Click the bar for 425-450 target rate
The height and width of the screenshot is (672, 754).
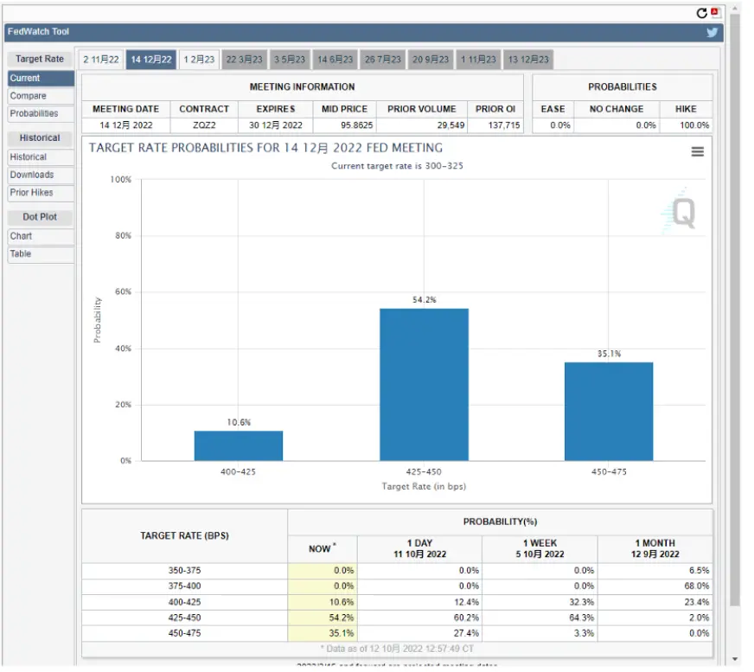(x=424, y=384)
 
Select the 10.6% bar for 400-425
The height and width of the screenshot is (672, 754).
(x=239, y=445)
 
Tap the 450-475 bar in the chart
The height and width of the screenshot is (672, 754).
(x=609, y=412)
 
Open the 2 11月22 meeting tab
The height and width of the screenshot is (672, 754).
(x=101, y=60)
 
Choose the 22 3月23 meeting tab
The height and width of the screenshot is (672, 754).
(x=245, y=60)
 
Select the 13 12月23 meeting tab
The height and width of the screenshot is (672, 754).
(x=528, y=60)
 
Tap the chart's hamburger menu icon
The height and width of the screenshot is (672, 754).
(x=697, y=152)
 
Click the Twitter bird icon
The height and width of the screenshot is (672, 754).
(x=712, y=32)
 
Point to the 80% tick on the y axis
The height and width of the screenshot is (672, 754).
(x=123, y=235)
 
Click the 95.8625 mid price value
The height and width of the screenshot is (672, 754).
(x=357, y=125)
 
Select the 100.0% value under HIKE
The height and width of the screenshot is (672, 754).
(x=694, y=125)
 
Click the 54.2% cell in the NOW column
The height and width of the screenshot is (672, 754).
(x=342, y=618)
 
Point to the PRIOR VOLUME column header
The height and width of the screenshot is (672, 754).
(x=422, y=109)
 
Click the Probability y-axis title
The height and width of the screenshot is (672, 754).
(x=98, y=320)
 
